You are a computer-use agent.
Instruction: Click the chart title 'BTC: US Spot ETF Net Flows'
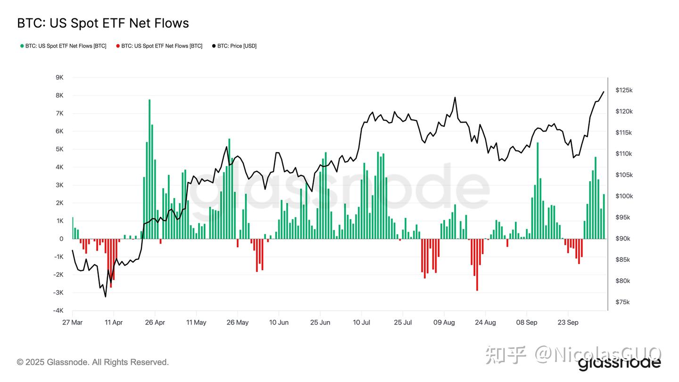tap(103, 23)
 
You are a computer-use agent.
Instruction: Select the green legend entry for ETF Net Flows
tap(63, 46)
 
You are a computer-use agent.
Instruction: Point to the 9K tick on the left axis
tap(59, 77)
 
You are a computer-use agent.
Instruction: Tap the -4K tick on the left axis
tap(58, 310)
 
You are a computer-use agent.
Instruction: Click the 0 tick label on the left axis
tap(61, 239)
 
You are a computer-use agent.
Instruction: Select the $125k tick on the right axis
tap(624, 90)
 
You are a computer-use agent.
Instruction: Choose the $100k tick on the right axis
tap(624, 196)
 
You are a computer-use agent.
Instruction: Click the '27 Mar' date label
tap(72, 323)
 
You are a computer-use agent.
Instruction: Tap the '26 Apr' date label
tap(155, 323)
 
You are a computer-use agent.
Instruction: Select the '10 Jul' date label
tap(361, 323)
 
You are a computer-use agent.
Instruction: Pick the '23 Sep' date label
tap(568, 323)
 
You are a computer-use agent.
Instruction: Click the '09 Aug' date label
tap(444, 323)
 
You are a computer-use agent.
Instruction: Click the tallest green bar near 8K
tap(149, 170)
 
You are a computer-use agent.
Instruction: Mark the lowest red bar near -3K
tap(477, 265)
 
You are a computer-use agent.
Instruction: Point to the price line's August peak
tap(455, 98)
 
